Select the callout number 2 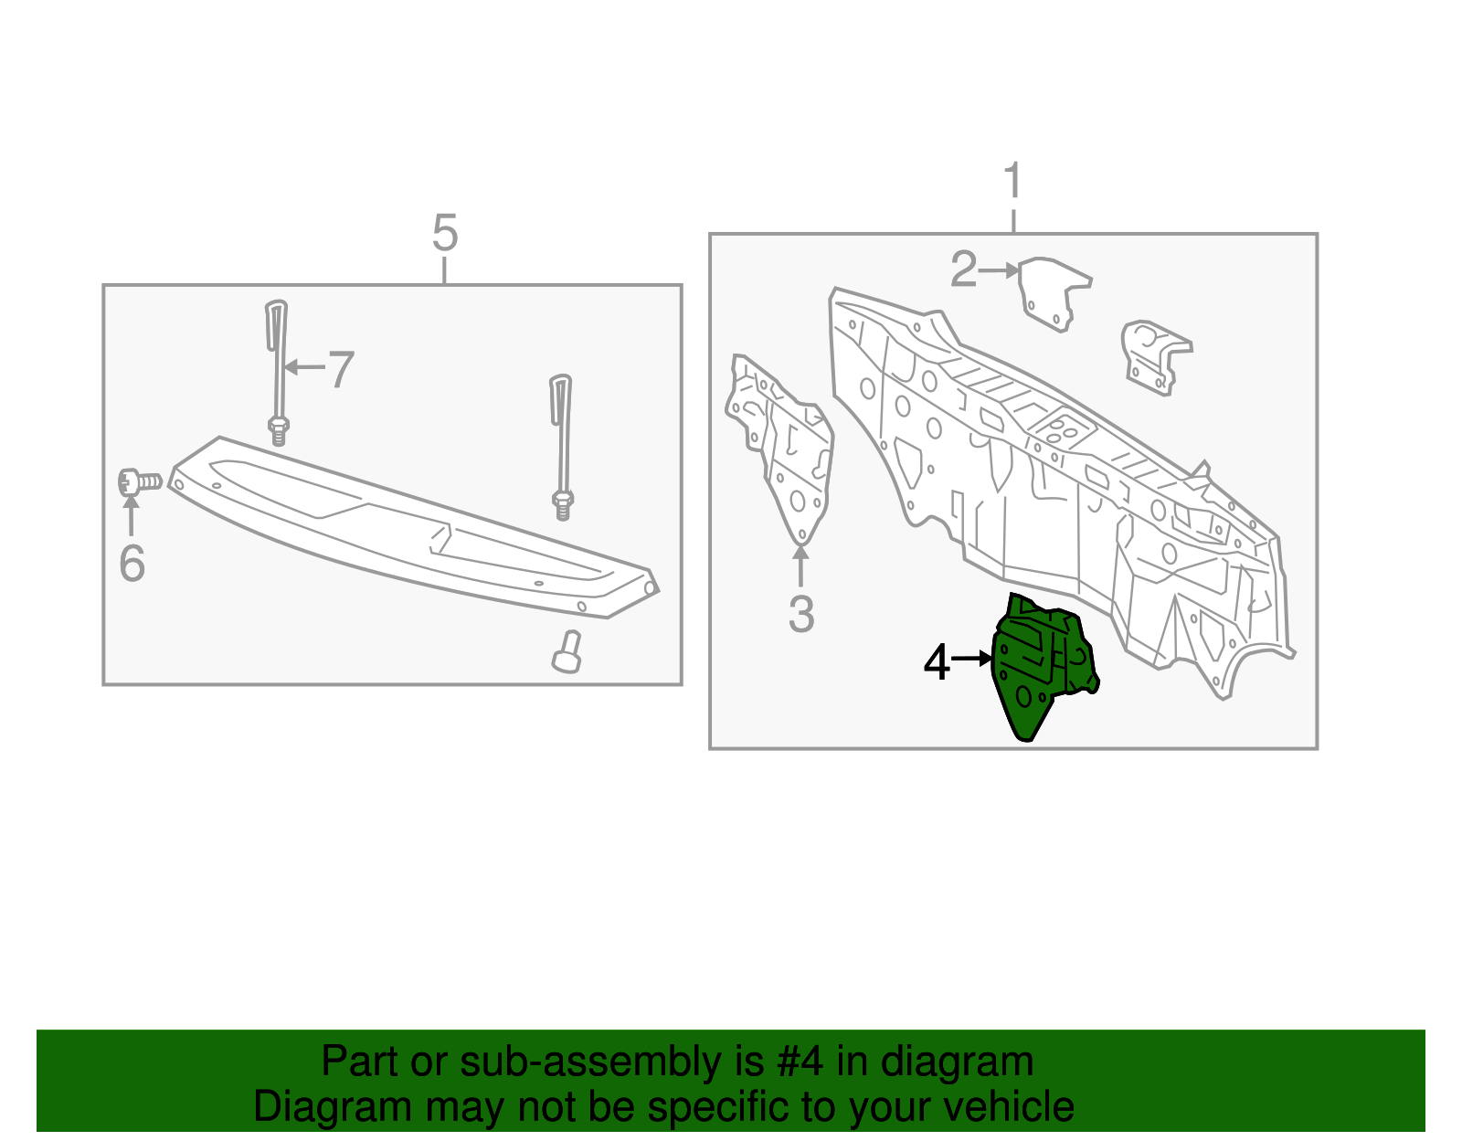pyautogui.click(x=963, y=270)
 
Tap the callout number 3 pyautogui.click(x=800, y=614)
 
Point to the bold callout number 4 pyautogui.click(x=937, y=662)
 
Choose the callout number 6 pyautogui.click(x=132, y=563)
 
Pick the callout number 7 pyautogui.click(x=340, y=370)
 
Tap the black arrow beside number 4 pyautogui.click(x=972, y=658)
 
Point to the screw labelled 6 pyautogui.click(x=139, y=481)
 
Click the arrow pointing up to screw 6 pyautogui.click(x=132, y=516)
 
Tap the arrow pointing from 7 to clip pyautogui.click(x=304, y=367)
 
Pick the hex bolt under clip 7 pyautogui.click(x=279, y=430)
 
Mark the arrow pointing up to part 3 pyautogui.click(x=800, y=565)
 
